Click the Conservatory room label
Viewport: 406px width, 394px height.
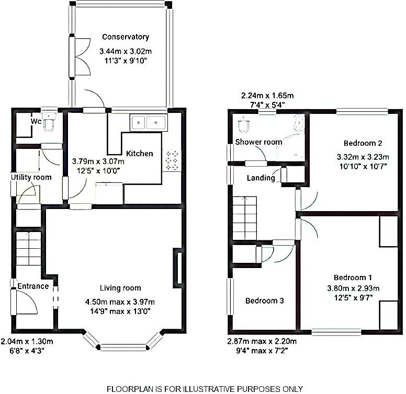126,37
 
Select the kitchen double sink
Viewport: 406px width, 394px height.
148,123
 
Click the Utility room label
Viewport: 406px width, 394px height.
31,178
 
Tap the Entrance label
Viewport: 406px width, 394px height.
33,286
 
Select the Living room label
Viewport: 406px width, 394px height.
120,288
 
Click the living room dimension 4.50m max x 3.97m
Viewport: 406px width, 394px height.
120,302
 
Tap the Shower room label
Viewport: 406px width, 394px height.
258,142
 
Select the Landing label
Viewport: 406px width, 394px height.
261,178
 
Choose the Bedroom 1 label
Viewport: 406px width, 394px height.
353,277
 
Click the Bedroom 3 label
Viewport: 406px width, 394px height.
265,301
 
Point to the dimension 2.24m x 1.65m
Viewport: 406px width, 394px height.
267,96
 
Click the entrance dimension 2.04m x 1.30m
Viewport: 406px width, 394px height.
27,342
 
